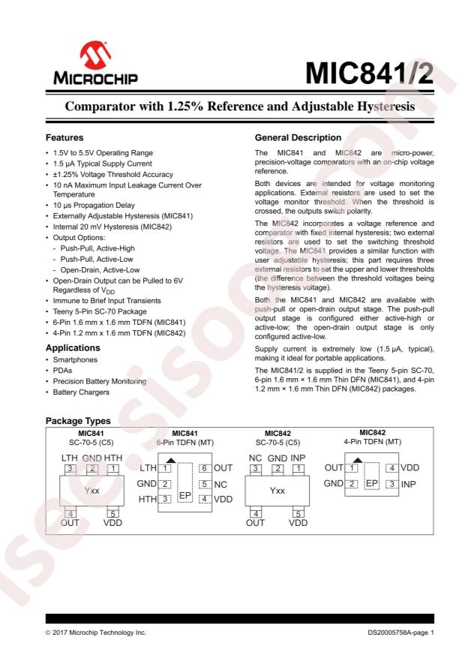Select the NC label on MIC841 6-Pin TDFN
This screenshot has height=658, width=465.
click(x=220, y=484)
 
